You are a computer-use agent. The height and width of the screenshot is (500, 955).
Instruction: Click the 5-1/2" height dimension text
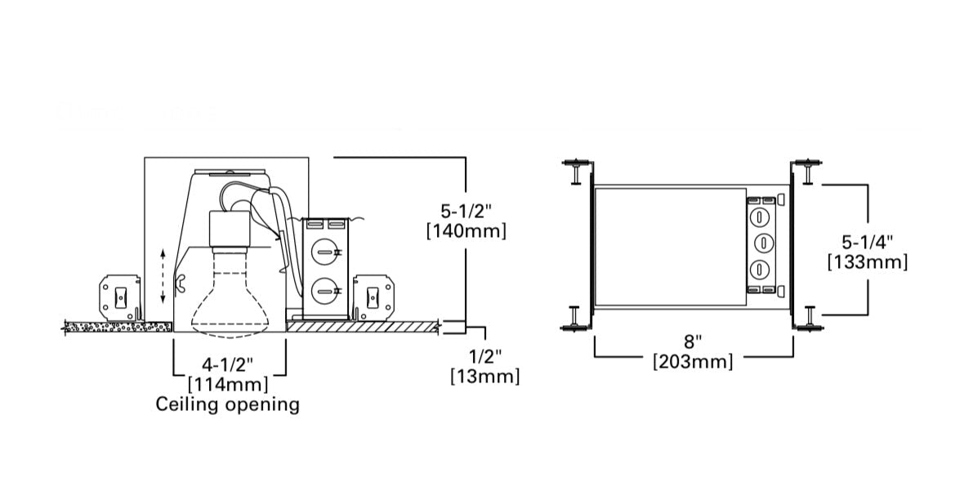[x=466, y=212]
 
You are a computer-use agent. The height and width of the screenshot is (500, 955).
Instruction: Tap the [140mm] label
[x=466, y=231]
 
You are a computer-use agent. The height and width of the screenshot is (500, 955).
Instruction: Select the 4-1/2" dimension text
[x=228, y=365]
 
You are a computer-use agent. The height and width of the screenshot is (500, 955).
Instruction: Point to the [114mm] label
[x=228, y=385]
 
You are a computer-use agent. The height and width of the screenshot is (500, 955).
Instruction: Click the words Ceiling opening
[x=228, y=404]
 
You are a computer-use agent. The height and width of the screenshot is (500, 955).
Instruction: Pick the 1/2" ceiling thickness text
[x=485, y=355]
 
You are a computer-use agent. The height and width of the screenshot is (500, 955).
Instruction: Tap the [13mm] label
[x=485, y=376]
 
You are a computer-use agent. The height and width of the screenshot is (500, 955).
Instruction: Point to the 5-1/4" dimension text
[x=868, y=242]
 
